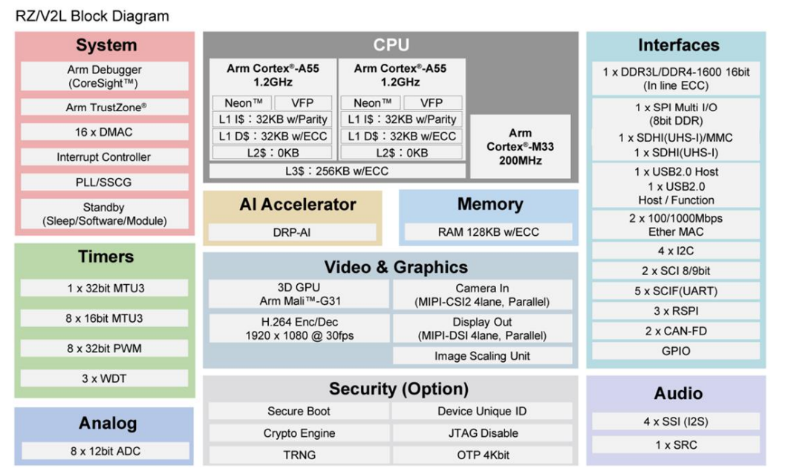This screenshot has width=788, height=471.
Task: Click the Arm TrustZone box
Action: [105, 108]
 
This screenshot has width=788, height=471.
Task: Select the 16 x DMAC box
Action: [105, 132]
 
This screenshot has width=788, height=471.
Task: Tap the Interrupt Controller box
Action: [105, 157]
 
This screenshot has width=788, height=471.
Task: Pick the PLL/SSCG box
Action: [105, 182]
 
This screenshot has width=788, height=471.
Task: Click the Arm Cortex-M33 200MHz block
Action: [520, 146]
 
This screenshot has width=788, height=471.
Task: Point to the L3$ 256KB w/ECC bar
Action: [338, 171]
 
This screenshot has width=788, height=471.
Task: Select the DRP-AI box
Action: [292, 232]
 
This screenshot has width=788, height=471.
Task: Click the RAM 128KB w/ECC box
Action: [488, 232]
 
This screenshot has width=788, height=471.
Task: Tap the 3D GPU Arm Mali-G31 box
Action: [299, 294]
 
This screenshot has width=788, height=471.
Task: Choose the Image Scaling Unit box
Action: [482, 356]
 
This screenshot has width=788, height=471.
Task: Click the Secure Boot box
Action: [299, 411]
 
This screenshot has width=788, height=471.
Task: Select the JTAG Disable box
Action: [482, 433]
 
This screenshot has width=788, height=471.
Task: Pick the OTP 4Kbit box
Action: [482, 455]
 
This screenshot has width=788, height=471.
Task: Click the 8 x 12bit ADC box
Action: [105, 451]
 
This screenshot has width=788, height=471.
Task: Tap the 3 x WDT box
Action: [105, 378]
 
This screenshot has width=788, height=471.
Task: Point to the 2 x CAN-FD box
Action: [676, 331]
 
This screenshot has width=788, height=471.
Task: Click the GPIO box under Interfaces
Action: [676, 351]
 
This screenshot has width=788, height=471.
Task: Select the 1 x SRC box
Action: [676, 444]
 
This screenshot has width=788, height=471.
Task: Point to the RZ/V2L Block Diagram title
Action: [92, 16]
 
